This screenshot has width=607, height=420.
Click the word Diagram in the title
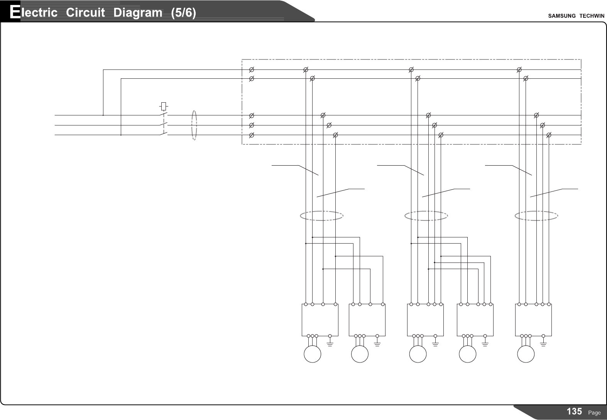[138, 13]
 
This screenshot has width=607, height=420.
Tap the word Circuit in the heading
[85, 13]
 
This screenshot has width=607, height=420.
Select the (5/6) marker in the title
[183, 13]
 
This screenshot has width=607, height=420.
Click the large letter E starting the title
[15, 12]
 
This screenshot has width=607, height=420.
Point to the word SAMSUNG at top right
[562, 16]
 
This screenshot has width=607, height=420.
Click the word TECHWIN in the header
[592, 16]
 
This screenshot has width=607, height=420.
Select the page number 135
[574, 412]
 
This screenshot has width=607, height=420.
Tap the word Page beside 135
[594, 413]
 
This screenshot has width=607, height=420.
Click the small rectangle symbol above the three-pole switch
[164, 105]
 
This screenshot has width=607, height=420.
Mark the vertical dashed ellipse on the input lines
[194, 125]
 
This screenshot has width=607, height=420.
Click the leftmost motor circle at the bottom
[313, 354]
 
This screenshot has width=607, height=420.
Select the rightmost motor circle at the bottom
[526, 354]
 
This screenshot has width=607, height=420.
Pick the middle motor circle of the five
[418, 354]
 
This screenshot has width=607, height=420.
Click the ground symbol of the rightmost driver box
[544, 343]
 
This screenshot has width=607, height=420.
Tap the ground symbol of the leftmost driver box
[330, 343]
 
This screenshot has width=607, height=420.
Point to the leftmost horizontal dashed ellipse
[321, 216]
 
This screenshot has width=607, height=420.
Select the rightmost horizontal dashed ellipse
[536, 216]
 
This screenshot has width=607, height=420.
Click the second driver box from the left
[367, 320]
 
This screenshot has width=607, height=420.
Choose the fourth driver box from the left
[475, 320]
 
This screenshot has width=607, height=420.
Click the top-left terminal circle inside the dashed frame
[251, 70]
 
